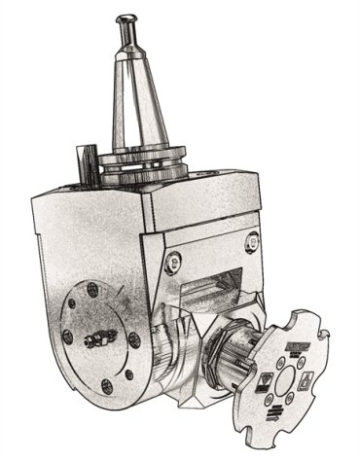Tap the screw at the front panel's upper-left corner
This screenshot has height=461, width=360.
coord(172,260)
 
